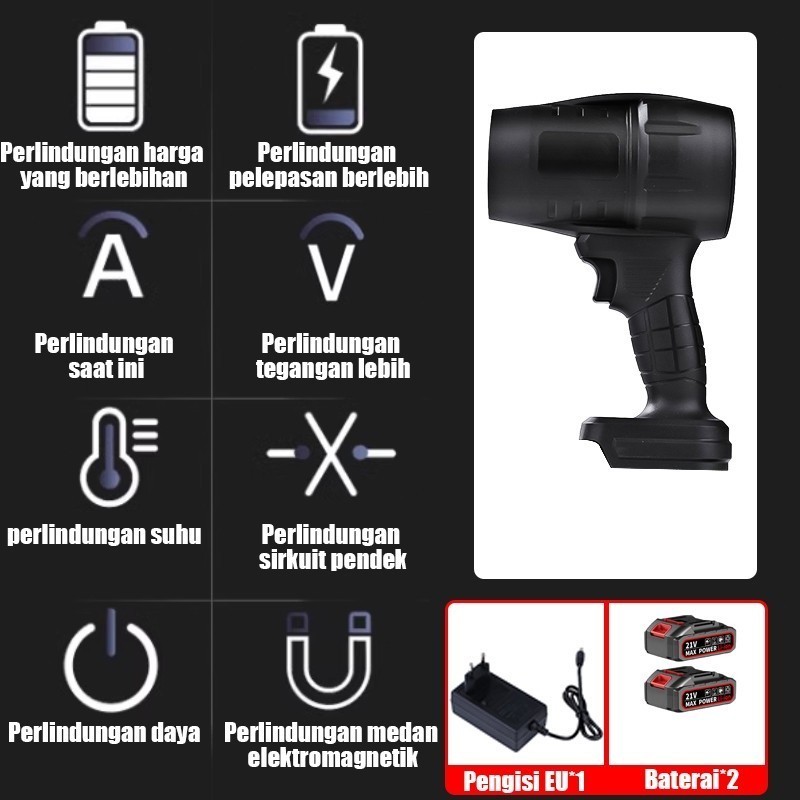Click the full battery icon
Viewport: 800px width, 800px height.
click(x=110, y=76)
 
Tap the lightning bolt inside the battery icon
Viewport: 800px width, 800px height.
click(x=329, y=72)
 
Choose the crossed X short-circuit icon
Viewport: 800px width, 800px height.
click(x=331, y=454)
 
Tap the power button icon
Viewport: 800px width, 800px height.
click(x=111, y=663)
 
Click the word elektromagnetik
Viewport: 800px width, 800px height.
click(x=333, y=757)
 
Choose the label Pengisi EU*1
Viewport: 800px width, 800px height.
click(x=523, y=781)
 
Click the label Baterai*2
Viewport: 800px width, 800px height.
click(x=691, y=779)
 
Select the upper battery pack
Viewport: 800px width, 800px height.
click(x=689, y=637)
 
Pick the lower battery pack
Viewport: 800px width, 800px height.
click(x=689, y=689)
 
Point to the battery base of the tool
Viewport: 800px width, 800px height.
click(x=656, y=443)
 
